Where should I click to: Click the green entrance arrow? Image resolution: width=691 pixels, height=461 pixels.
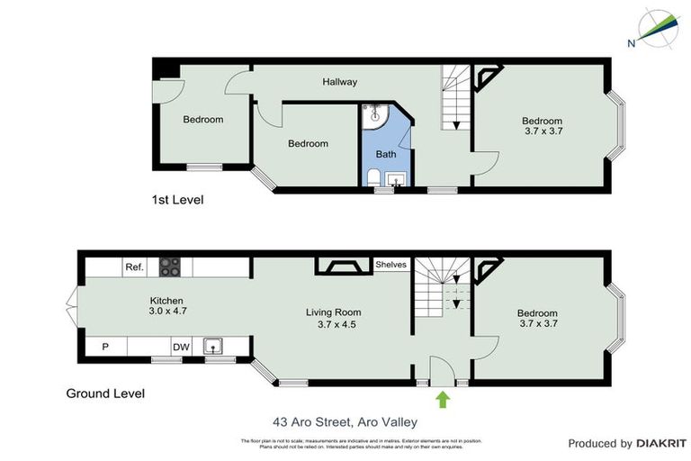443,399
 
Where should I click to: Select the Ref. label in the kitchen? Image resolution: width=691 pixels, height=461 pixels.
135,267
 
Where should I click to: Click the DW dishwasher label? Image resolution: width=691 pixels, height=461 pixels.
181,346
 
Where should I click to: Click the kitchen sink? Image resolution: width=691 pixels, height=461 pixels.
213,346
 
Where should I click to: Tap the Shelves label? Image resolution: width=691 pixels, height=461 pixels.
390,265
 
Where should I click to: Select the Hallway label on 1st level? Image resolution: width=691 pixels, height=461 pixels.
340,82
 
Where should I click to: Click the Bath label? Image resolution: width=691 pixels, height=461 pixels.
386,154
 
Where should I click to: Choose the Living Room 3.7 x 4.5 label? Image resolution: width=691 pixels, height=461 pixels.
339,319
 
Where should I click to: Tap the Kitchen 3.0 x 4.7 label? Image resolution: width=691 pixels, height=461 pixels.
167,305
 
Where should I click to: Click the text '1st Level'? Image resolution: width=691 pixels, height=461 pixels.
177,200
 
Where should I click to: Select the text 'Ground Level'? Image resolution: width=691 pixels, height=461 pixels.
105,393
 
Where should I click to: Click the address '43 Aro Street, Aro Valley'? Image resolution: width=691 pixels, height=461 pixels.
345,421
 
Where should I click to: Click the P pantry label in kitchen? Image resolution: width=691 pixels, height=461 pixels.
105,346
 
